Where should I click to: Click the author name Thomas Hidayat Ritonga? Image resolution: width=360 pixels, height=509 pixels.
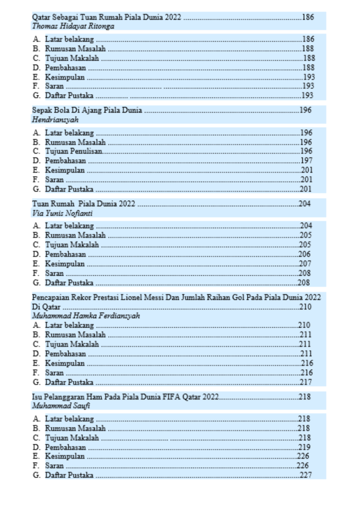click(x=73, y=26)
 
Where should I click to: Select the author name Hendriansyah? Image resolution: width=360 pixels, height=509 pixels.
click(x=55, y=120)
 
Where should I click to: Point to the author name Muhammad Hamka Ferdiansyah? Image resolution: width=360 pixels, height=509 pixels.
click(x=86, y=316)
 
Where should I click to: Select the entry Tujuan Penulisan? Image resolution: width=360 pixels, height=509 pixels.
click(x=74, y=151)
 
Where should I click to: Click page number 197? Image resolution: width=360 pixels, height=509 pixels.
click(x=306, y=161)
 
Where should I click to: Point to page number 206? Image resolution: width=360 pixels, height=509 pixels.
click(x=305, y=254)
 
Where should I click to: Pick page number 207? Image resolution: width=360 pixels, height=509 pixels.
click(x=305, y=263)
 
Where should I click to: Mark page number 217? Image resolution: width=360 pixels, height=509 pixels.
click(x=305, y=382)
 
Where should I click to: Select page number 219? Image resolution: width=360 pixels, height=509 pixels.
click(x=304, y=447)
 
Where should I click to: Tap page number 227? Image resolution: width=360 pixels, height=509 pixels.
click(x=306, y=475)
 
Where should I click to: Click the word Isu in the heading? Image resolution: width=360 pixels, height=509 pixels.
click(x=37, y=397)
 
